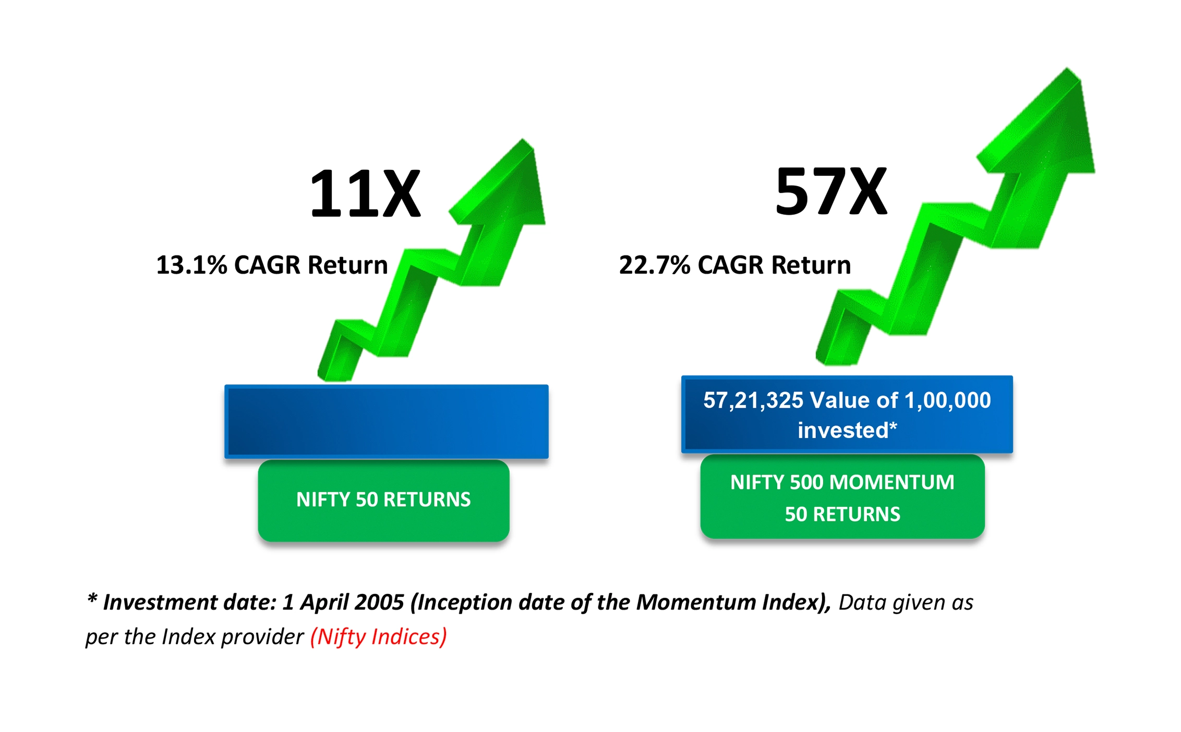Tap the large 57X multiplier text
pos(831,191)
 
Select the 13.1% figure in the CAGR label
pos(191,265)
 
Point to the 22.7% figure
pos(655,265)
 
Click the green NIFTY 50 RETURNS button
pos(383,500)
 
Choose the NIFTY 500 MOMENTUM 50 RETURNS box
pos(842,497)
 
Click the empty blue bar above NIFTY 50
pos(387,421)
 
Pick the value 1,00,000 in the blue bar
pos(947,400)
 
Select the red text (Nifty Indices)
pos(379,637)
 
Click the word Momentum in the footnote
pos(696,603)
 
